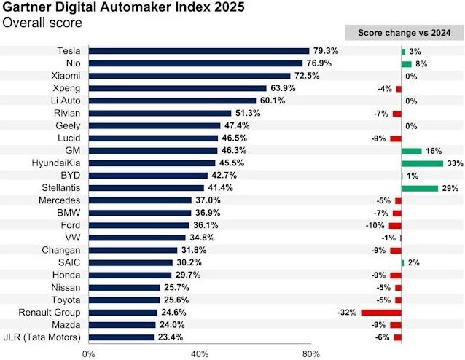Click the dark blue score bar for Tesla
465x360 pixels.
pyautogui.click(x=198, y=51)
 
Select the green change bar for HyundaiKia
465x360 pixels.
pyautogui.click(x=422, y=163)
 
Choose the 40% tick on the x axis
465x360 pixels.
pyautogui.click(x=200, y=353)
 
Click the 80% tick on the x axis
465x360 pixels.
pyautogui.click(x=310, y=353)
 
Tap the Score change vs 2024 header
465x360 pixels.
pyautogui.click(x=403, y=33)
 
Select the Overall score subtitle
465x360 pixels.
pyautogui.click(x=42, y=23)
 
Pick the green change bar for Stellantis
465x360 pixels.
pyautogui.click(x=419, y=188)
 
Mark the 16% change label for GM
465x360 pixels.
pyautogui.click(x=433, y=151)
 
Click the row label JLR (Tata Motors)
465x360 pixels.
pyautogui.click(x=43, y=337)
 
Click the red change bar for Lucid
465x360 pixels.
pyautogui.click(x=396, y=138)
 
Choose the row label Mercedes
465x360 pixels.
pyautogui.click(x=60, y=200)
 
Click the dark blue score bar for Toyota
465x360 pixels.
pyautogui.click(x=124, y=300)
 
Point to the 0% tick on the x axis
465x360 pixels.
pyautogui.click(x=88, y=353)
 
